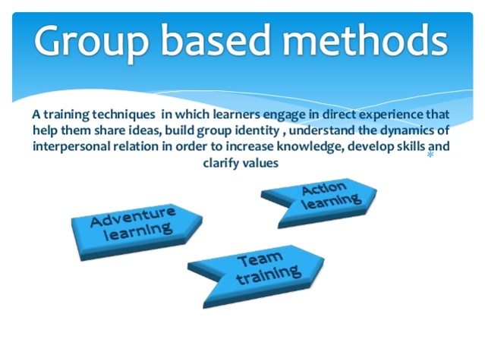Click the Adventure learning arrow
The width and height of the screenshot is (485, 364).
135,225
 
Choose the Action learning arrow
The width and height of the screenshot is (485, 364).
322,199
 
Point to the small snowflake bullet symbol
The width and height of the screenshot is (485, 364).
430,155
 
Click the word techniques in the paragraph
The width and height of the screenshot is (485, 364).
125,116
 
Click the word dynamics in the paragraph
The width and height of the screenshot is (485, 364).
399,131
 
